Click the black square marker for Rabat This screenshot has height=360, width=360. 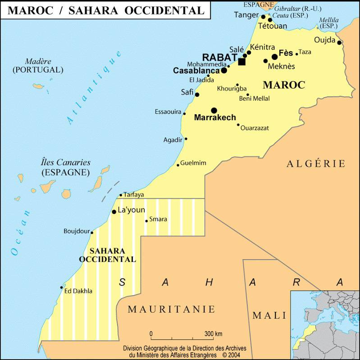tap(242, 61)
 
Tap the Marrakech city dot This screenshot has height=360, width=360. tap(214, 110)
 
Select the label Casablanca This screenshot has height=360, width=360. tap(196, 71)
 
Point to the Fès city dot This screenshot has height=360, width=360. tap(275, 57)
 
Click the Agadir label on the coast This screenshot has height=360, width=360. tap(173, 140)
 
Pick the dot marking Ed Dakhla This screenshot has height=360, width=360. tap(62, 288)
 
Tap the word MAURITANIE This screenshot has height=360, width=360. tap(171, 309)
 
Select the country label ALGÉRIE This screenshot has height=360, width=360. tap(316, 163)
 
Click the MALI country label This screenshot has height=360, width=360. tap(269, 315)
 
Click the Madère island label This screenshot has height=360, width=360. tap(38, 61)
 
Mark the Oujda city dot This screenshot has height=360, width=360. tap(339, 43)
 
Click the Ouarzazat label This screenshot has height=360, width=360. tap(255, 128)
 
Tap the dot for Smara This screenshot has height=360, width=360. tap(146, 220)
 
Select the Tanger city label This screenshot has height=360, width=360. tap(246, 15)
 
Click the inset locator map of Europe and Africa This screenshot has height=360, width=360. tap(325, 325)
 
